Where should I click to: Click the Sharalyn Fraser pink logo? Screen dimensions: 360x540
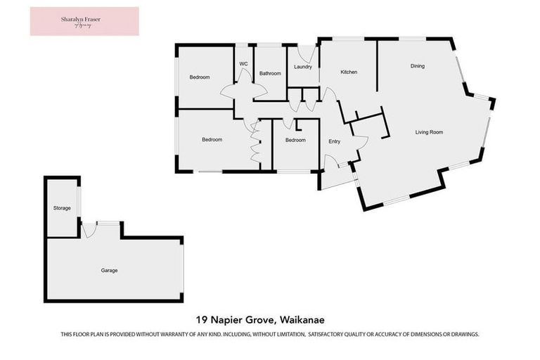84,21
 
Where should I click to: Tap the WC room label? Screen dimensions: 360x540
243,64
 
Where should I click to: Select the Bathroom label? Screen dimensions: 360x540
270,73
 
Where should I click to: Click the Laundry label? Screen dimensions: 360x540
303,67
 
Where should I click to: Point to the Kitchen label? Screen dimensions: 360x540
349,72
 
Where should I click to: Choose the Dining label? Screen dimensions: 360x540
418,66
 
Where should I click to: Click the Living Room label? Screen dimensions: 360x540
429,132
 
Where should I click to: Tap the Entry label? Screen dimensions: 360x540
335,142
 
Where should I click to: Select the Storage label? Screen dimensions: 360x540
62,208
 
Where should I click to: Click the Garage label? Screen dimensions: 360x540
108,270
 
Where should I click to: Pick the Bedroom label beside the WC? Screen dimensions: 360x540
200,77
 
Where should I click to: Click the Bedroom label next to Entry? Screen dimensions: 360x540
295,140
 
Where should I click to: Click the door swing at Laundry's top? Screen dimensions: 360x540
306,52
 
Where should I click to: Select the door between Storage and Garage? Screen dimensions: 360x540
88,229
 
